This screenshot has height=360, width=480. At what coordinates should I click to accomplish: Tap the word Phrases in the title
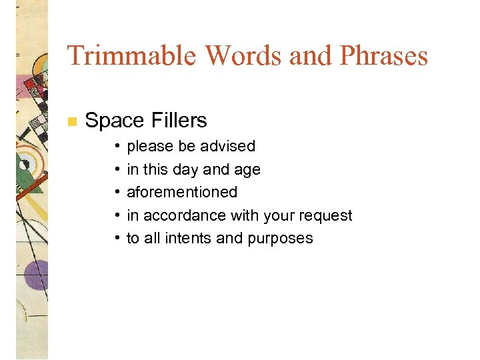click(383, 55)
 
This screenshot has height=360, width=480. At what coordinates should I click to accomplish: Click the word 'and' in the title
click(311, 55)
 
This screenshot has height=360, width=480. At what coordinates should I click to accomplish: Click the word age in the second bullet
click(247, 169)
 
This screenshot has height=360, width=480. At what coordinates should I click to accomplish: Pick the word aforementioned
click(182, 192)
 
